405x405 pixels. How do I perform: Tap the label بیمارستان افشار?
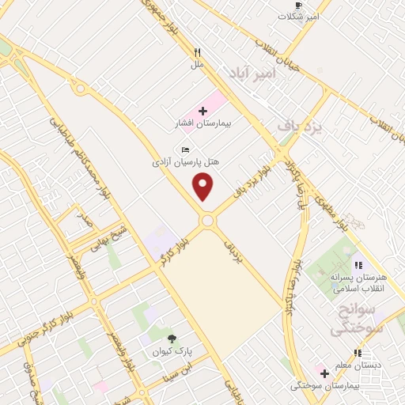pyautogui.click(x=200, y=124)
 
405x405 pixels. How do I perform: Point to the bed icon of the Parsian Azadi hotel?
pyautogui.click(x=185, y=150)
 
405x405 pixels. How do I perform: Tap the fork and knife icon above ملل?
pyautogui.click(x=198, y=52)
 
